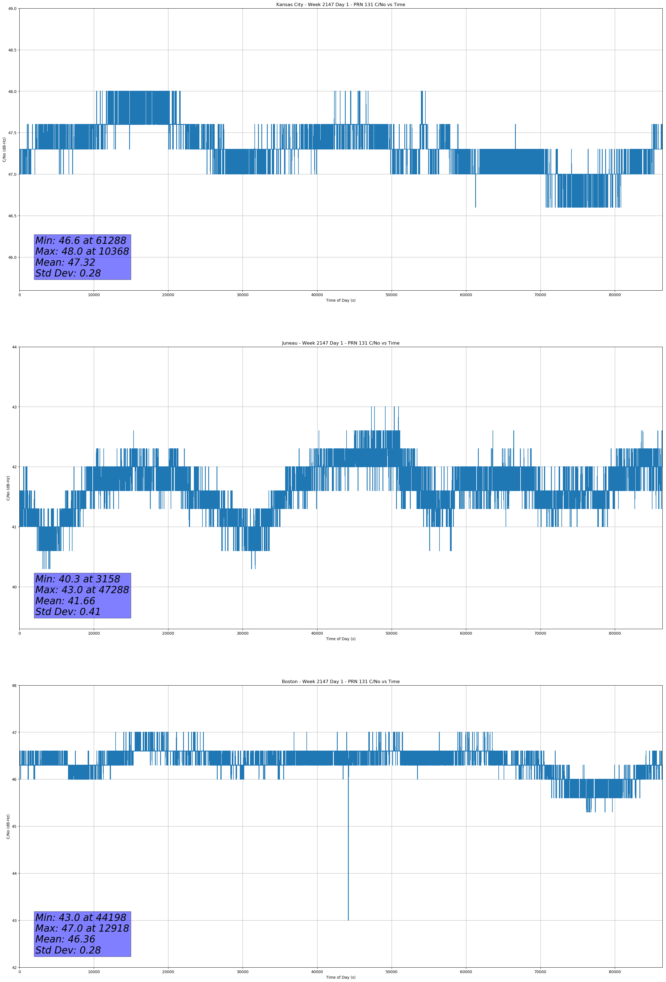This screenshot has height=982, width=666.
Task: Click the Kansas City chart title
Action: coord(340,5)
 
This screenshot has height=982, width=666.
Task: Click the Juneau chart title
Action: coord(340,343)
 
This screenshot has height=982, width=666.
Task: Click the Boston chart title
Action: coord(340,682)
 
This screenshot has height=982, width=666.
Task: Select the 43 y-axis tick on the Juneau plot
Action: coord(14,407)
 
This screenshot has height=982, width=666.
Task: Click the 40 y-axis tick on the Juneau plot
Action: coord(14,587)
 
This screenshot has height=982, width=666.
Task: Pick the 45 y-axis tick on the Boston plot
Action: coord(14,826)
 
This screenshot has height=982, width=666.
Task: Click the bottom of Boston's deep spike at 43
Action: coord(348,919)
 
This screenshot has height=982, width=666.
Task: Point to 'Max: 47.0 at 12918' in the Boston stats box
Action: coord(82,928)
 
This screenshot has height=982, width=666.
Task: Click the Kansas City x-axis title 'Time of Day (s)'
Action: coord(340,300)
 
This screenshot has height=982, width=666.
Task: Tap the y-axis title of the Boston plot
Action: coord(8,826)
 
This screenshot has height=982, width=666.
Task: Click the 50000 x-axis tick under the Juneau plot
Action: coord(391,633)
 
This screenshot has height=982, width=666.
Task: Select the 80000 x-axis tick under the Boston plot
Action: coord(615,972)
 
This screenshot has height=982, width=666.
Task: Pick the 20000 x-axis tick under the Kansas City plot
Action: coord(168,295)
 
